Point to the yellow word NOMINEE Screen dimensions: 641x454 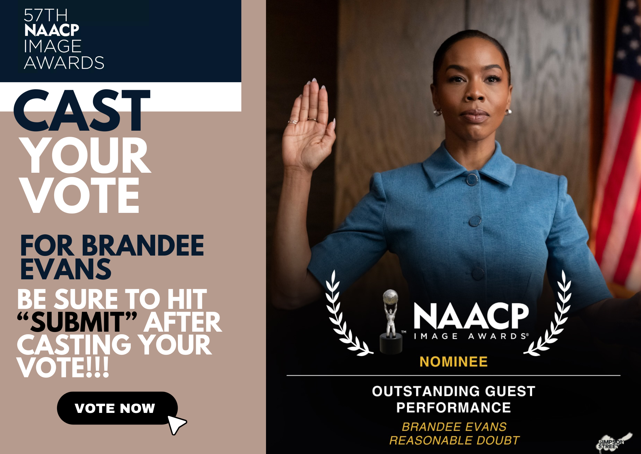click(454, 362)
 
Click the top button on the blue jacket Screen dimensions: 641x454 click(472, 179)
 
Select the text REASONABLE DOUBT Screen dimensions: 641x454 click(454, 441)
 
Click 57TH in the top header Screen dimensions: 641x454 click(46, 15)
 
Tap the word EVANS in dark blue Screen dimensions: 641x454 click(66, 269)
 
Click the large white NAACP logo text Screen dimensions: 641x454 click(471, 316)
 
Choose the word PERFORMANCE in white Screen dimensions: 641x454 click(454, 408)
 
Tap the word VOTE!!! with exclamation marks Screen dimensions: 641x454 click(63, 368)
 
